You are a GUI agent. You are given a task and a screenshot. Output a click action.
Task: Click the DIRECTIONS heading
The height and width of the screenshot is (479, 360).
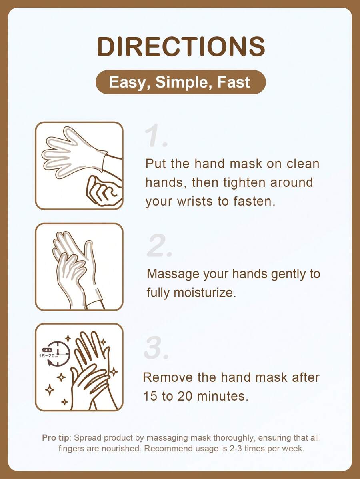[181, 46]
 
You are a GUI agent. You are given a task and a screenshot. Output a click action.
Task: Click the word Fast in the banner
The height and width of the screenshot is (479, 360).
[234, 82]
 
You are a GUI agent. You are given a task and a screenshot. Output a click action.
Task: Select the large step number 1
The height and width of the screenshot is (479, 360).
[156, 135]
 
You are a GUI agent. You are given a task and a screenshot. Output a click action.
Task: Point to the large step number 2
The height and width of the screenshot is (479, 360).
[160, 245]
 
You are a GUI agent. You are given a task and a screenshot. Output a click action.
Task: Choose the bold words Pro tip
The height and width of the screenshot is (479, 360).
[56, 438]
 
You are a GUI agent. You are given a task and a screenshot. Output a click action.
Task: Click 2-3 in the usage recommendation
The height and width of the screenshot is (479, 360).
[236, 449]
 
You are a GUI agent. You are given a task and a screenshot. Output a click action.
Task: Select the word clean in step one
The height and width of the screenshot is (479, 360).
[303, 164]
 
